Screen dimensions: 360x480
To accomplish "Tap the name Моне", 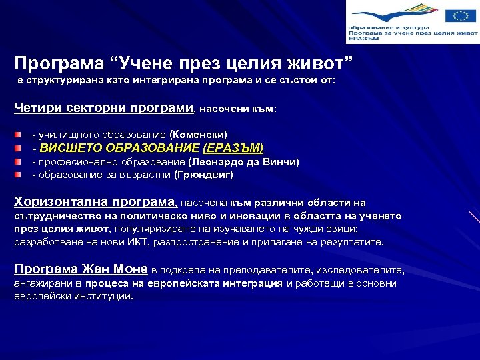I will (131, 269).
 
